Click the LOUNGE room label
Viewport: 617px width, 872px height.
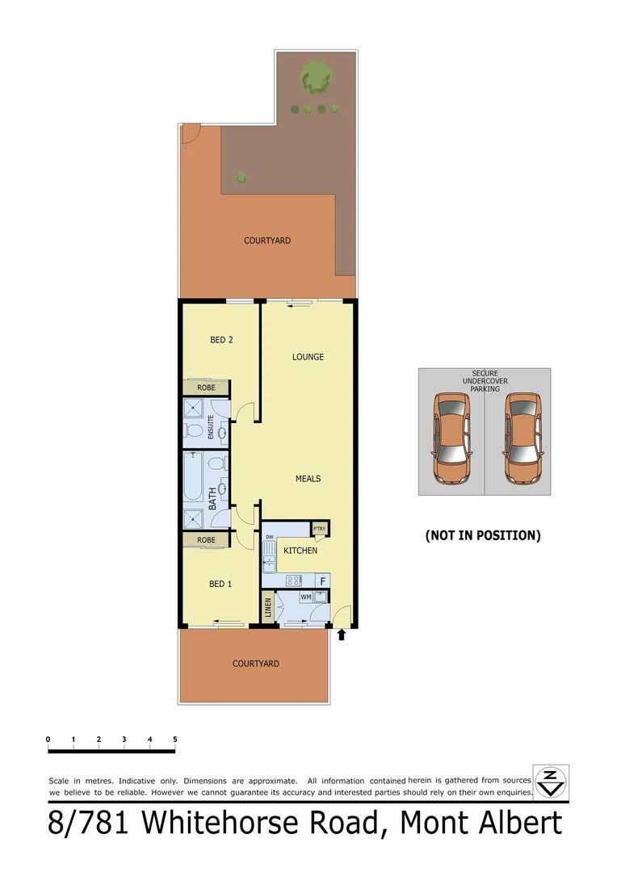pos(308,357)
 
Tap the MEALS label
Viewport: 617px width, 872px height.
pos(308,479)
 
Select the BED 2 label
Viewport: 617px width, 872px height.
pos(221,340)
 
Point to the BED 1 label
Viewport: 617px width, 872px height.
pos(220,584)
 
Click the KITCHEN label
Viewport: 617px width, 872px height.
pos(300,551)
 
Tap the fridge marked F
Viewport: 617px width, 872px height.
pos(322,581)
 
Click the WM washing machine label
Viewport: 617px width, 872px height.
pos(305,597)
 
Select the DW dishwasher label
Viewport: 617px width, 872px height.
pos(269,536)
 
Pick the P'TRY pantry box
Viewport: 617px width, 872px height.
pos(320,530)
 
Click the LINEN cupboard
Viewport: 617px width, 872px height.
pos(267,606)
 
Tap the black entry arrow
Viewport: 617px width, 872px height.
pos(342,635)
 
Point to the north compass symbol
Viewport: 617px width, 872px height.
pos(551,782)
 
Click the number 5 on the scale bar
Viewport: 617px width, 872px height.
pos(175,740)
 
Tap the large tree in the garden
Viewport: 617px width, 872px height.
pos(317,78)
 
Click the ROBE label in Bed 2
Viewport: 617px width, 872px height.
pos(206,388)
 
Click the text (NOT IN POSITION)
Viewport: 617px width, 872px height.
pos(483,535)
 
